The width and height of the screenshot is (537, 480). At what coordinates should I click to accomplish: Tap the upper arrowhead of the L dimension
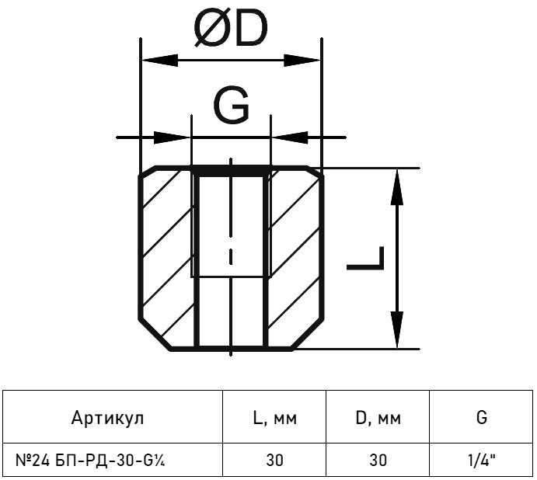396,186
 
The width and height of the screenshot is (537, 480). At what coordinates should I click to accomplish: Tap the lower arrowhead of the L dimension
396,330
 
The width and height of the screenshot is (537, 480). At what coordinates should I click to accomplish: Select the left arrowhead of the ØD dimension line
156,60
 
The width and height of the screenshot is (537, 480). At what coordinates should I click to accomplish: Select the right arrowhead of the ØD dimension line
305,60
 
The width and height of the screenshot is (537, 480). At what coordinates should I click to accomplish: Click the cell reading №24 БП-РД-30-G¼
93,460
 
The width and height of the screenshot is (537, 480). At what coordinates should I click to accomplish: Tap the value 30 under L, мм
274,460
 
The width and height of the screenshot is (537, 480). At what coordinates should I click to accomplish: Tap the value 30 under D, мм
378,460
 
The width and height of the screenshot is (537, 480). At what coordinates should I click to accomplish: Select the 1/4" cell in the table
483,460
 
